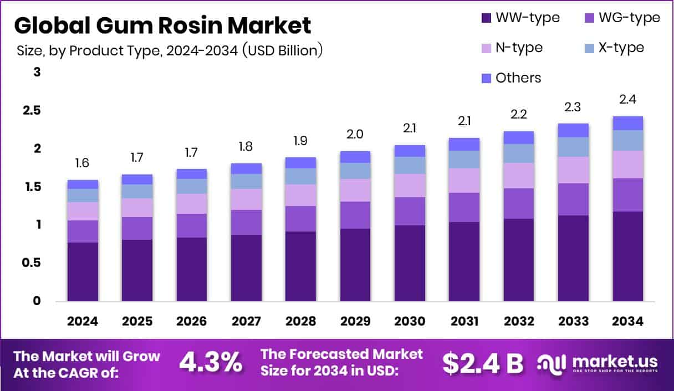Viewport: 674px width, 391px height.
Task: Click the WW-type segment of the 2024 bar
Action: pos(83,271)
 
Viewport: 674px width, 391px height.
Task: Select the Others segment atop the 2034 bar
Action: pos(628,123)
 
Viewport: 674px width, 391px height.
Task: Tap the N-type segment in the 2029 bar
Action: pos(355,190)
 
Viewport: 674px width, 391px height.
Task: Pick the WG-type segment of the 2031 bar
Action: pos(464,207)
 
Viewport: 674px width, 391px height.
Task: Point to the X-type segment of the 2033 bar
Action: pos(573,147)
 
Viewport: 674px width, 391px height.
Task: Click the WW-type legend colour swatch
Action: pos(487,18)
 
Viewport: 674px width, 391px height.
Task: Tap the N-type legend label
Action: pos(519,48)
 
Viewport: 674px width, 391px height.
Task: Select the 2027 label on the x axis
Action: pos(246,321)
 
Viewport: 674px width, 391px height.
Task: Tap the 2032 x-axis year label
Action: pos(519,321)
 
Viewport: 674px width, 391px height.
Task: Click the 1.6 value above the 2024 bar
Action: pos(83,163)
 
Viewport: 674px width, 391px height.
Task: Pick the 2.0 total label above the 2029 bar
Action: pos(355,134)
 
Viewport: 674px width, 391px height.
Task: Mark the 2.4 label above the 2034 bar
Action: pos(628,100)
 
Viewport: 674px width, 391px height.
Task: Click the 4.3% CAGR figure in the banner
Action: pos(211,363)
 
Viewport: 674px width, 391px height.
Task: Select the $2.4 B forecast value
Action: pos(483,363)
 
